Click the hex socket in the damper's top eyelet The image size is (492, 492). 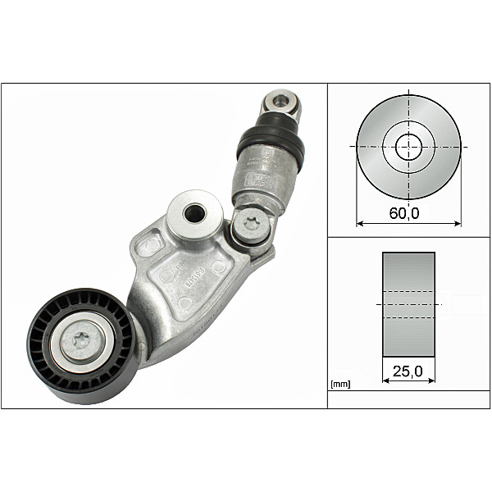281,102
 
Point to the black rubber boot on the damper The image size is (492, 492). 271,143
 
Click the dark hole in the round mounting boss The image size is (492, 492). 195,213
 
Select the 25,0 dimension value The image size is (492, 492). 408,371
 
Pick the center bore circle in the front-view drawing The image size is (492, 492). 408,148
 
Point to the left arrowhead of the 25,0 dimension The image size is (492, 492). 385,380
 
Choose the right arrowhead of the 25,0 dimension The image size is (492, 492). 432,380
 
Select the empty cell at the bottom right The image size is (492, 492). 408,399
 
